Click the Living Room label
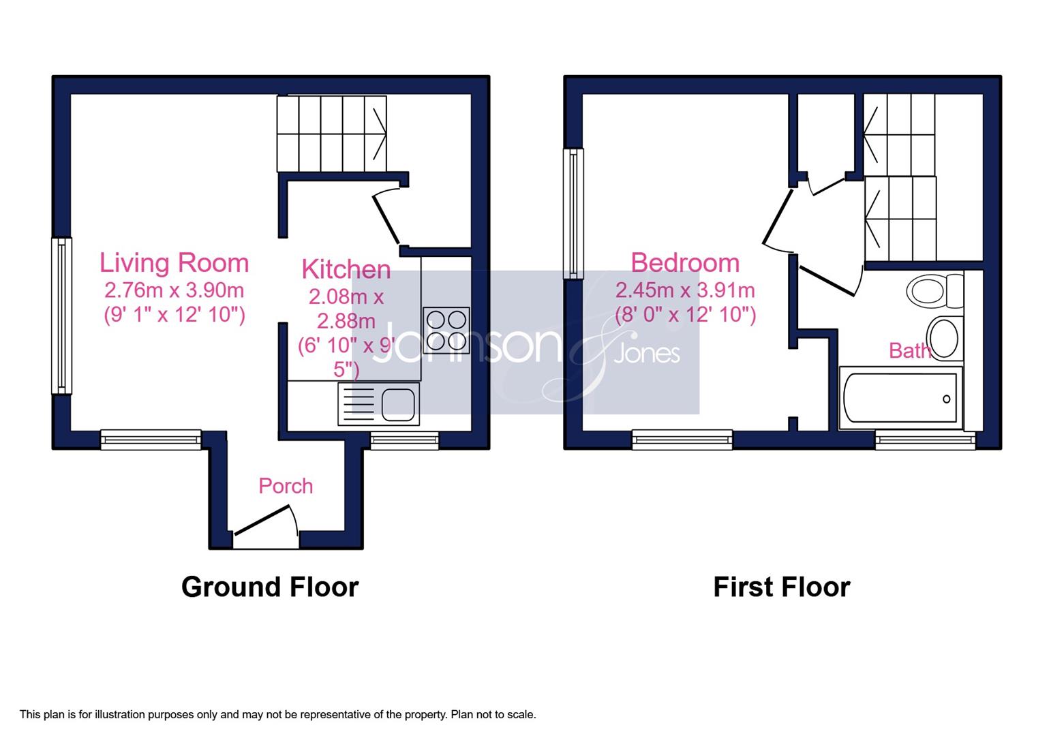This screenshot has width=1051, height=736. [x=174, y=262]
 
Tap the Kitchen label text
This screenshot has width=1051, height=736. [x=346, y=269]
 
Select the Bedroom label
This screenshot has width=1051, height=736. [x=685, y=262]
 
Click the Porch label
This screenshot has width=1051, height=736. [x=286, y=486]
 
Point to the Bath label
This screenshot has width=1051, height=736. [x=910, y=350]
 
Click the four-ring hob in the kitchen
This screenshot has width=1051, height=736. [x=446, y=331]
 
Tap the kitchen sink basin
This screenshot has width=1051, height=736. [x=398, y=404]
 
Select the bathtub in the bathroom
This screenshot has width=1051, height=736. [x=900, y=398]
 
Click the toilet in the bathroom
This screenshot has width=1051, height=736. [x=935, y=291]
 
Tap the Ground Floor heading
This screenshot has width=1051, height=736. [x=270, y=587]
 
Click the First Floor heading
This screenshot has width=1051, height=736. [x=782, y=587]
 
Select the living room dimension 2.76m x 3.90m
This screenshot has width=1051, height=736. [x=174, y=290]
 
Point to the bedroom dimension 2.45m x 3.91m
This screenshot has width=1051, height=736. [x=685, y=290]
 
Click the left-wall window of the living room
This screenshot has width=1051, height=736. [x=61, y=316]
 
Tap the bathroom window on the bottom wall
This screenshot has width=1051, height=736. [x=926, y=440]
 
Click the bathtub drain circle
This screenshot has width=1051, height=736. [x=946, y=399]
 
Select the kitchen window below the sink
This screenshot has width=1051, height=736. [x=404, y=440]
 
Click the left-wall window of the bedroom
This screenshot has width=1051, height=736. [x=573, y=213]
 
